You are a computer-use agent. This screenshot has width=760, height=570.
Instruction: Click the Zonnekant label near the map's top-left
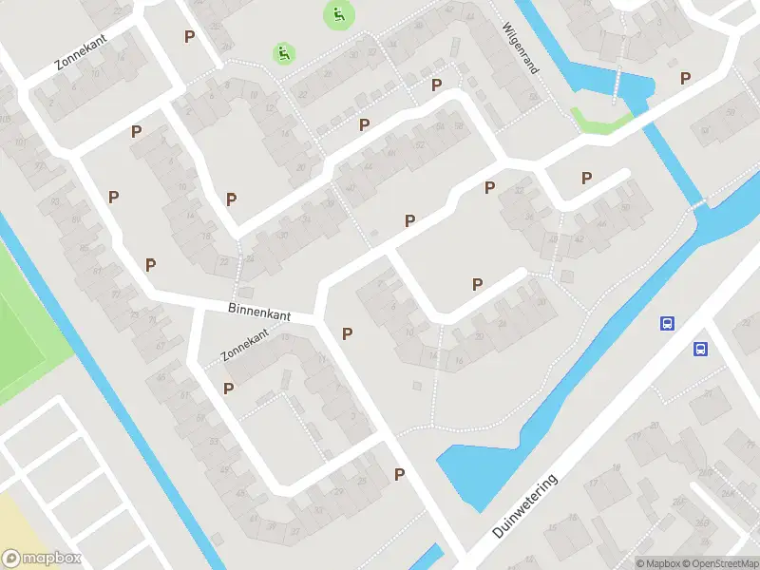(x=82, y=54)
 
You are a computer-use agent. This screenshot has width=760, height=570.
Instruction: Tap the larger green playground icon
(x=338, y=14)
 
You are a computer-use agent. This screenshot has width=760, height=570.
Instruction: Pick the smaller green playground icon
(x=283, y=53)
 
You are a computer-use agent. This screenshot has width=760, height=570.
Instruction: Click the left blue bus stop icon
(x=668, y=323)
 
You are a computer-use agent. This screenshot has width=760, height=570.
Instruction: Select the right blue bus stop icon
(x=701, y=349)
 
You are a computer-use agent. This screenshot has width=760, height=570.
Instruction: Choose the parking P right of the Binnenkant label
(x=348, y=333)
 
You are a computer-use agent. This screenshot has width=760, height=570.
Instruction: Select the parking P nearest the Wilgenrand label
(x=437, y=85)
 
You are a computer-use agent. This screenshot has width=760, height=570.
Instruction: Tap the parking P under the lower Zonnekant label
(x=228, y=388)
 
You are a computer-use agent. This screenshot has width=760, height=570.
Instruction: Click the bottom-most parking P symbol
(x=400, y=474)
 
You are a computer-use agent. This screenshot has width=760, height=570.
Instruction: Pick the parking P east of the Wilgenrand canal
(x=685, y=78)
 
